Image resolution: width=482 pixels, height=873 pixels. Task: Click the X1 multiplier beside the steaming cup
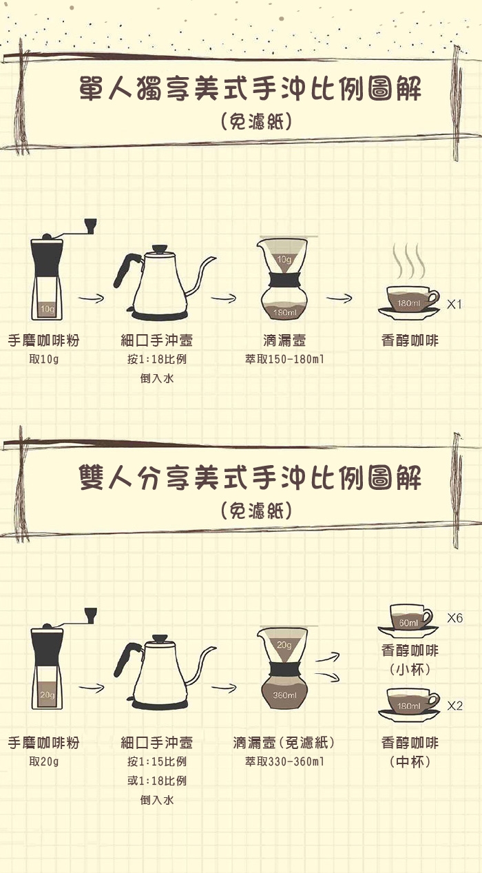click(454, 304)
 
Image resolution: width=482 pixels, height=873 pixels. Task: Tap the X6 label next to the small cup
click(454, 618)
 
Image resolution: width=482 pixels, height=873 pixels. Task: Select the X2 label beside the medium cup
click(454, 706)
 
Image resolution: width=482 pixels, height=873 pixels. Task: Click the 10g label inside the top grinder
click(48, 309)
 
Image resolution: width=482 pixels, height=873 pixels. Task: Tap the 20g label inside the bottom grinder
click(48, 695)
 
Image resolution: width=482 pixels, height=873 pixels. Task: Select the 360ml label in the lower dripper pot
click(284, 695)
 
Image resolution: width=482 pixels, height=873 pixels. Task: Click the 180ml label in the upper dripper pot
click(284, 312)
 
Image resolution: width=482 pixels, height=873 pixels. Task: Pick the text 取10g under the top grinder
click(44, 359)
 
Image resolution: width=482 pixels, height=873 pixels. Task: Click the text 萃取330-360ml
click(284, 761)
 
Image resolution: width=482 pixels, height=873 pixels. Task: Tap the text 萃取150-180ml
click(284, 359)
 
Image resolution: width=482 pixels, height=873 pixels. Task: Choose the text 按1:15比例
click(157, 761)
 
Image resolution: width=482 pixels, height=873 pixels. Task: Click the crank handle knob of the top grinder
click(91, 226)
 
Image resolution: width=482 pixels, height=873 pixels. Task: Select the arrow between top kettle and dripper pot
click(224, 298)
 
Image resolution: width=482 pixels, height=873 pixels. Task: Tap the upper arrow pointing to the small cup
click(328, 657)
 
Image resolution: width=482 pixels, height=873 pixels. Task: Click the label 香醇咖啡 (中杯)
click(410, 752)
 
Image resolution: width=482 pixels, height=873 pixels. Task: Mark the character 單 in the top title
click(91, 88)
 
